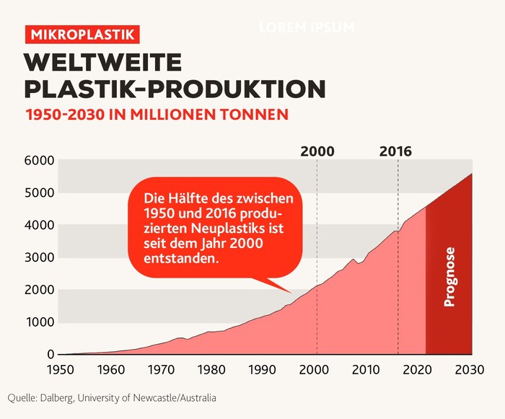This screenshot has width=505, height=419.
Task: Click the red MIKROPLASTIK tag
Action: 82,35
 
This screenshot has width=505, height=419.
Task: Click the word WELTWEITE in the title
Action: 103,63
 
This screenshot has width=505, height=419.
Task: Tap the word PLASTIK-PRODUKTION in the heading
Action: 175,89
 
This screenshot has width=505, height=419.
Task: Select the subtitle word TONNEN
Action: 256,115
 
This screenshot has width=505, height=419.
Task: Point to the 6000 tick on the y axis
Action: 39,160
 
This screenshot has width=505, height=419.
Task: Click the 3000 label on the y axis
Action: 39,257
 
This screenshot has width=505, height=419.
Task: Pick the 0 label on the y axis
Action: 50,354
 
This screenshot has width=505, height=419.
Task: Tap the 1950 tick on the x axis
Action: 61,369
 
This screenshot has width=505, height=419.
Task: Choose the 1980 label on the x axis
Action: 211,369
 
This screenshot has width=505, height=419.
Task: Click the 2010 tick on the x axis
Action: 366,369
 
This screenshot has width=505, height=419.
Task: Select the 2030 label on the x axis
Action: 470,369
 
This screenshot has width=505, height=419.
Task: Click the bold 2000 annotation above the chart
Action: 317,151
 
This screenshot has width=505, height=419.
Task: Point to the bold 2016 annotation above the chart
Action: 395,151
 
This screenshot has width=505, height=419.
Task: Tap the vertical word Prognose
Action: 449,277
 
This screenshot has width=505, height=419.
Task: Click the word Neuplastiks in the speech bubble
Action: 237,229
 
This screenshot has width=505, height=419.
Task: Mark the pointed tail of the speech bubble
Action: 291,292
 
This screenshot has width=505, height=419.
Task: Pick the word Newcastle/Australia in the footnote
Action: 175,398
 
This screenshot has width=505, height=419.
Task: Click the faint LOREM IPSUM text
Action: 307,27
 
